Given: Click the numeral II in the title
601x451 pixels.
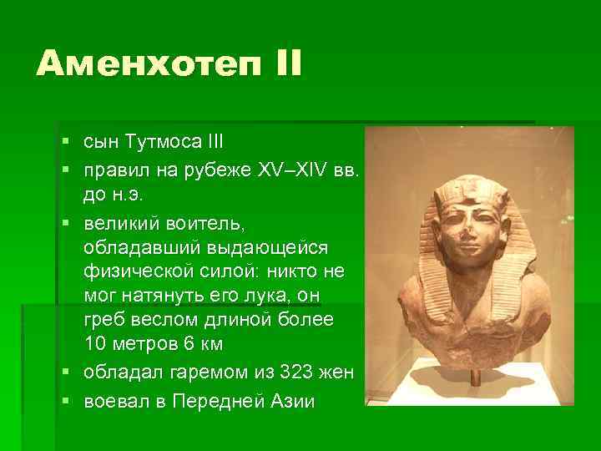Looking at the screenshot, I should [280, 64].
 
